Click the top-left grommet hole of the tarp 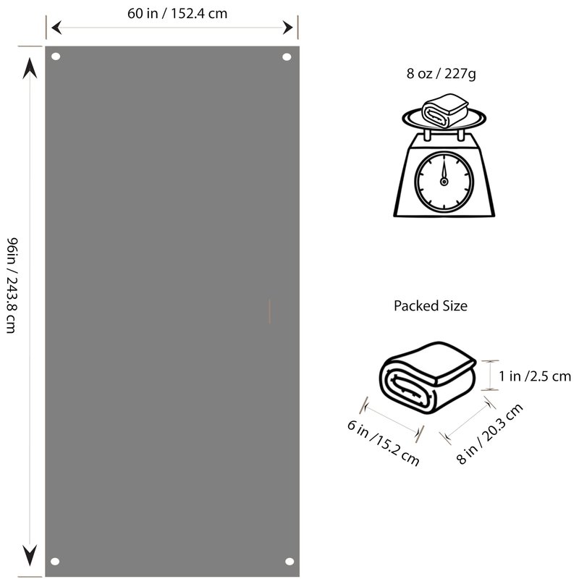pos(56,56)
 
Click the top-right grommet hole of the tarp pos(287,57)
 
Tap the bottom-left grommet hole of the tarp pos(55,562)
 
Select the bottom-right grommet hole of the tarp pos(289,562)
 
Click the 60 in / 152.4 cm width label pos(177,14)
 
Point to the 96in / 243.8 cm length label pos(12,285)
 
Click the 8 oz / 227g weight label pos(441,74)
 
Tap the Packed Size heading pos(431,305)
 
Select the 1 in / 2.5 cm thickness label pos(535,376)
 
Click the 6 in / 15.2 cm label pos(384,442)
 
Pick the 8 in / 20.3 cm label pos(490,434)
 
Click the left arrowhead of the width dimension pos(56,28)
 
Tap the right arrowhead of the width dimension pos(287,28)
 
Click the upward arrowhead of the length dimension pos(30,68)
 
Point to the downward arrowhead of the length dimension pos(30,555)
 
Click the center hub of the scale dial pos(444,182)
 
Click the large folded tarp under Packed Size pos(428,378)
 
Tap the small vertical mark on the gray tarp pos(269,311)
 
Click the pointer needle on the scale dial pos(444,169)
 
